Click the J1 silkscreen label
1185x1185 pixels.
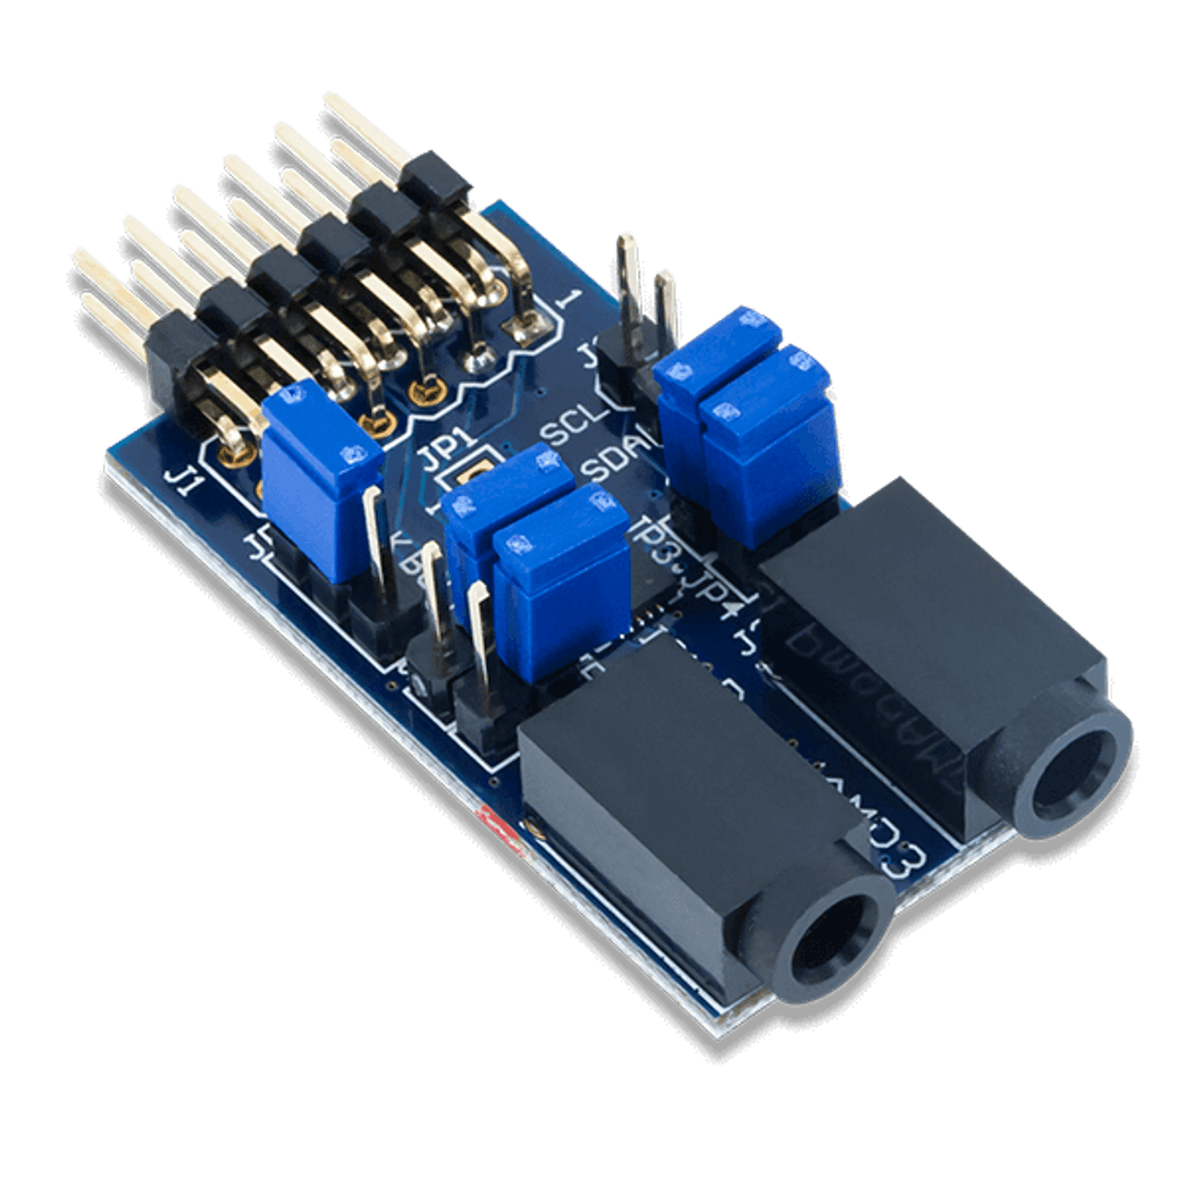tap(181, 479)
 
